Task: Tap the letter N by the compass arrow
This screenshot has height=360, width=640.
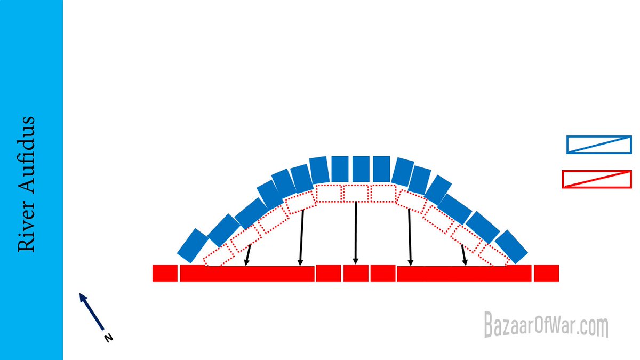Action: (x=109, y=338)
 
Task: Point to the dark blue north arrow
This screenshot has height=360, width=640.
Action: (x=92, y=311)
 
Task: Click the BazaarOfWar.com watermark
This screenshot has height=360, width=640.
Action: (x=546, y=325)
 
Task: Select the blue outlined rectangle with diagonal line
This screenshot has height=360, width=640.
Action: (x=599, y=145)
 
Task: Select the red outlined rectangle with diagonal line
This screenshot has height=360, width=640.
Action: (x=597, y=179)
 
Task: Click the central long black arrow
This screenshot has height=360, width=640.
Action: (x=356, y=233)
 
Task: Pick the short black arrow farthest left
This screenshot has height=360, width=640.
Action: (x=247, y=255)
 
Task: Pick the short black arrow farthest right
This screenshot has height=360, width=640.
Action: (x=465, y=255)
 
